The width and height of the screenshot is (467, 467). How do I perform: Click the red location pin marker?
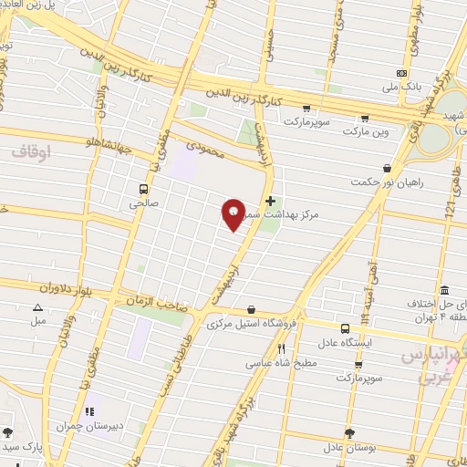[x=233, y=212]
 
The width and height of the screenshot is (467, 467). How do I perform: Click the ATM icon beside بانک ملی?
[x=400, y=74]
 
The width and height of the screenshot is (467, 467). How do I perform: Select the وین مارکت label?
[x=366, y=132]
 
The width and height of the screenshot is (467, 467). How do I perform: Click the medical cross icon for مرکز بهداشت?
[x=270, y=200]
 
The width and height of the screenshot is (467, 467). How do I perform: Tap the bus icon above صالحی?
[x=142, y=188]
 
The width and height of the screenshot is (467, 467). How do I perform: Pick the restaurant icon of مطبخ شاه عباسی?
[x=282, y=348]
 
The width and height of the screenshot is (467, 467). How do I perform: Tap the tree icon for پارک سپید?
[x=8, y=431]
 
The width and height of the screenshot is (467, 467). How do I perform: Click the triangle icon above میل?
[x=37, y=307]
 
